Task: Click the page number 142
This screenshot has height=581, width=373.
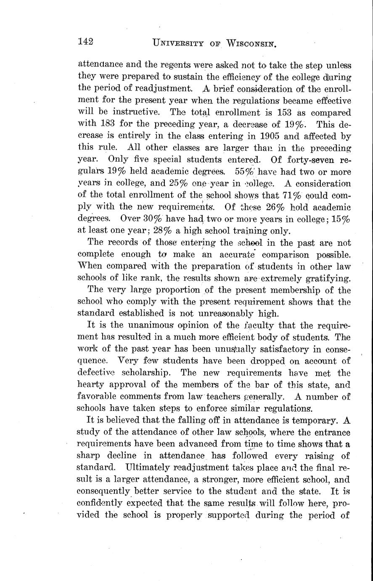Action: pos(85,41)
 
